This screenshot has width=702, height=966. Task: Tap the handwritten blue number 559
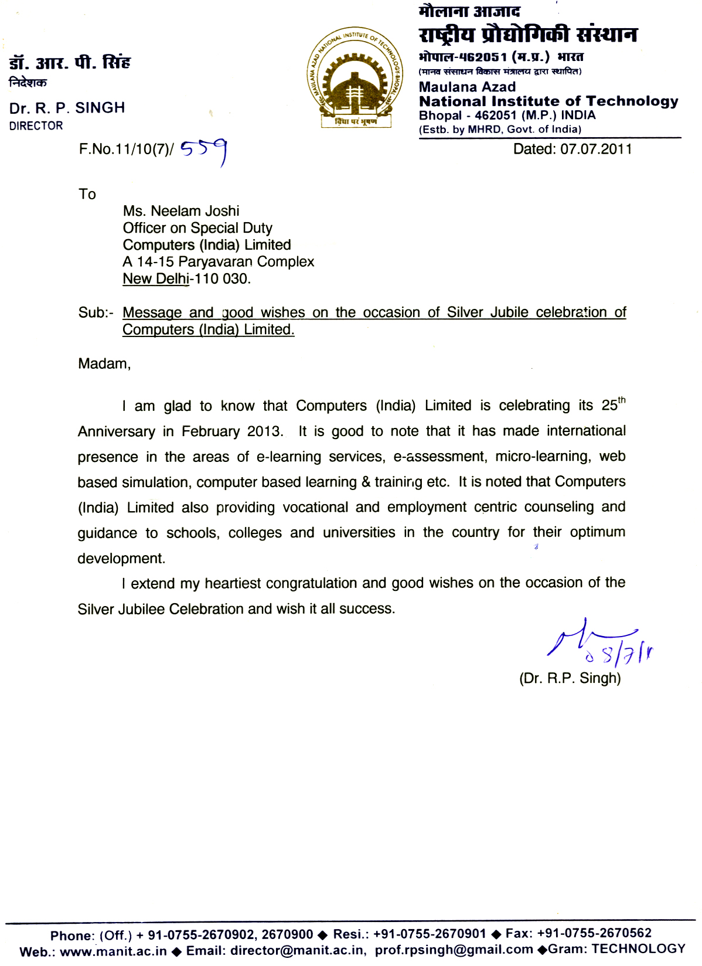203,151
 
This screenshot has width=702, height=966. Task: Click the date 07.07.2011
596,149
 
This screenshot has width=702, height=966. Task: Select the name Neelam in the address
172,211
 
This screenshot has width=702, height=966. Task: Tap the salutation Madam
104,364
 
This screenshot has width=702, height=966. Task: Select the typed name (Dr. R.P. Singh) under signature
570,679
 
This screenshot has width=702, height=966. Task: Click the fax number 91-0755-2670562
594,933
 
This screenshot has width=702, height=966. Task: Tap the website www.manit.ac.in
113,951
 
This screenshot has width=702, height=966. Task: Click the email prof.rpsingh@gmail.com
454,950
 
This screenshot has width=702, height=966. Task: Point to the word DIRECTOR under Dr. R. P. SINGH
36,126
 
